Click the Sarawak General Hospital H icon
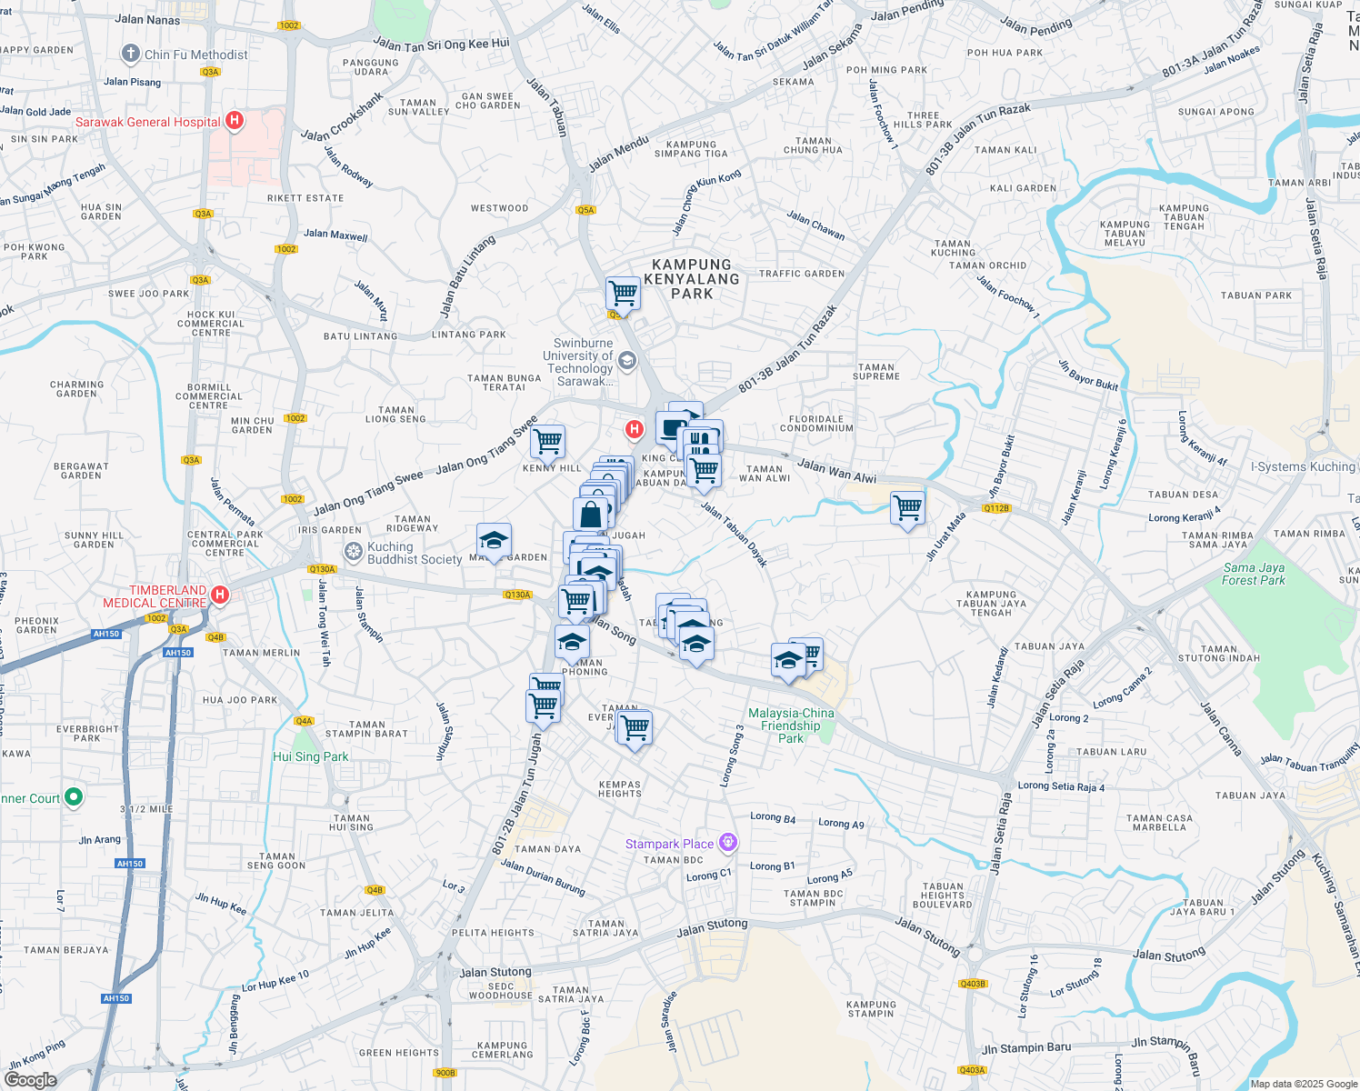click(235, 120)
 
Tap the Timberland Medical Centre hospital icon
click(219, 596)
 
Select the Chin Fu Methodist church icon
click(131, 54)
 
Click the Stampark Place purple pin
click(727, 843)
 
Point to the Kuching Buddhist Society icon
click(354, 552)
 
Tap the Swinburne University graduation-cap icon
click(626, 362)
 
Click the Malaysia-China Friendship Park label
click(791, 726)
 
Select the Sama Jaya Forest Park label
click(1254, 574)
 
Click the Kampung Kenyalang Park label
click(692, 279)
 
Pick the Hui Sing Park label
click(311, 756)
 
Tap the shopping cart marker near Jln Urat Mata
click(908, 508)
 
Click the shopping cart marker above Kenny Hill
click(547, 442)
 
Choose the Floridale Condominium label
click(816, 424)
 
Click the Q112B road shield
click(996, 508)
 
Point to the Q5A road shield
click(585, 210)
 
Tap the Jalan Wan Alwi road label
click(836, 470)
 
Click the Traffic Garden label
click(802, 274)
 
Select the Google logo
click(31, 1080)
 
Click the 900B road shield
click(445, 1073)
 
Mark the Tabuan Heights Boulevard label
click(943, 896)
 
